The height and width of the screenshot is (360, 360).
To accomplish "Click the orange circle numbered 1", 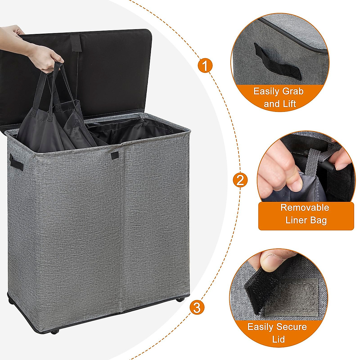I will [x=205, y=65].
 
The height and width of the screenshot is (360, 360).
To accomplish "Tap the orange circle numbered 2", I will [x=240, y=181].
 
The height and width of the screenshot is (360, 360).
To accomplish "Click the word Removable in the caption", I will [x=304, y=207].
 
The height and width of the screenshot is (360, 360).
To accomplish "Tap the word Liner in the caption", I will [x=296, y=220].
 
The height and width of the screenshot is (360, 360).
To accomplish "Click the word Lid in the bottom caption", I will [x=278, y=339].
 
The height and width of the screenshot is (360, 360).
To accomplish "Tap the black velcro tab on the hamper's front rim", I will [x=115, y=155].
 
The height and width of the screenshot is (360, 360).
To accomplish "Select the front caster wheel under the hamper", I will [x=55, y=331].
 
